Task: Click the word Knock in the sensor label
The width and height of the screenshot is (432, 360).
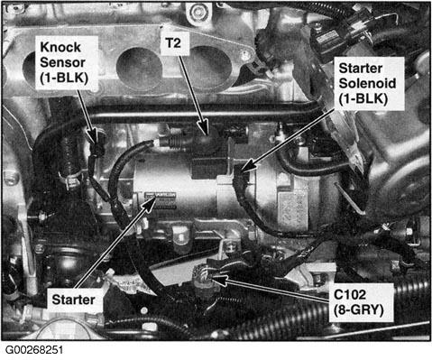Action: pos(60,47)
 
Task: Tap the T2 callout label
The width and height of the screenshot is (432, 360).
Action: pos(173,42)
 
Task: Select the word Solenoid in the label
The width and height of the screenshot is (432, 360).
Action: pos(367,83)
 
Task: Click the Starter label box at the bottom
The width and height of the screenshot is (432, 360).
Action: pos(73,300)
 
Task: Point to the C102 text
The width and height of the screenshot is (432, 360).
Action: pos(350,294)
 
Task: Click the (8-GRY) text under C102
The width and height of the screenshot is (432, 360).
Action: pos(358,310)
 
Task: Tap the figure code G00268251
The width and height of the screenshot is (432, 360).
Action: pos(34,350)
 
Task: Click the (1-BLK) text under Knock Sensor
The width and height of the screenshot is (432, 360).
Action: pos(64,78)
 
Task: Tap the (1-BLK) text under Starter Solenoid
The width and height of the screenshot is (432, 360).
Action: pos(363,98)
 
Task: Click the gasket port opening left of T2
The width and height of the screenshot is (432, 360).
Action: pos(139,68)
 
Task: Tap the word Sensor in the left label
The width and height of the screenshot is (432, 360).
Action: pos(62,62)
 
